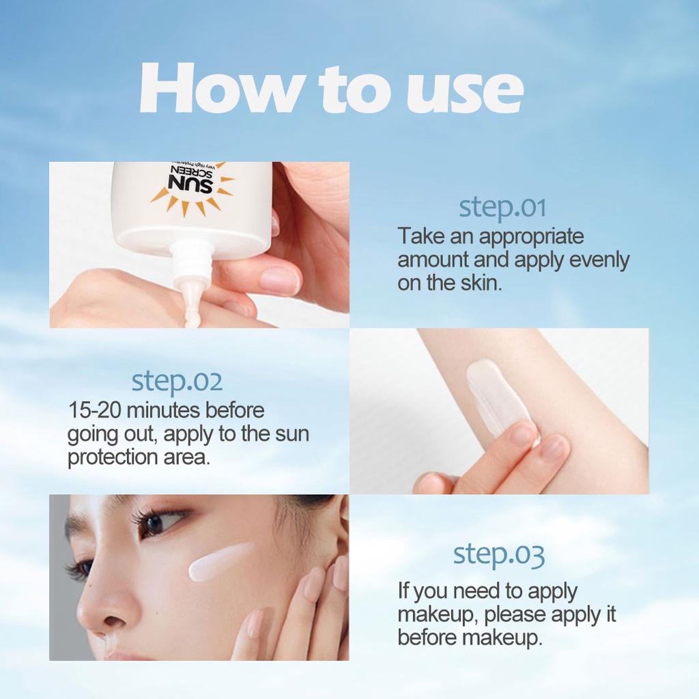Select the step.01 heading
point(502,208)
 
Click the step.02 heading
point(177,382)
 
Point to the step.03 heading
point(499,555)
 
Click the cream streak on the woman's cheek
point(220,561)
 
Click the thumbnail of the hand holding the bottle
point(280,280)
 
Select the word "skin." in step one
point(480,283)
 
